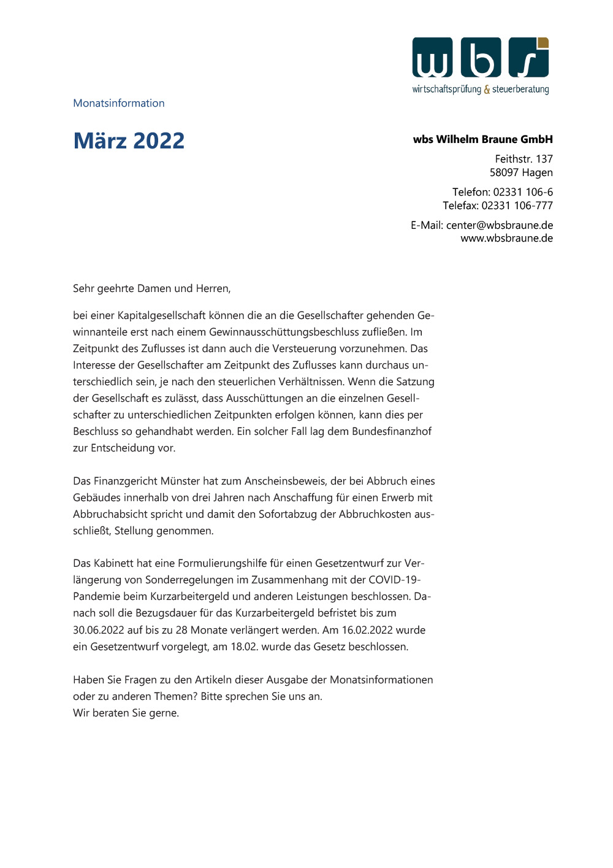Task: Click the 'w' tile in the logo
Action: (433, 58)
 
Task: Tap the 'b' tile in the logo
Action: (481, 58)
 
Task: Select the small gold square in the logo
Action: (543, 42)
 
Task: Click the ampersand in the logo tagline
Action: (487, 90)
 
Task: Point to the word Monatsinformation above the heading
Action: (119, 103)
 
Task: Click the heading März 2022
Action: (129, 140)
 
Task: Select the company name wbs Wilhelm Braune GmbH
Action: (483, 139)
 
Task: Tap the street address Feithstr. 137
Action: (524, 159)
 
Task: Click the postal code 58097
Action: (503, 172)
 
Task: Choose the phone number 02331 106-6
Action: (523, 192)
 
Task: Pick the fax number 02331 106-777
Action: (517, 205)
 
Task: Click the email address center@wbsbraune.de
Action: (500, 225)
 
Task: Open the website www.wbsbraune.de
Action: (507, 238)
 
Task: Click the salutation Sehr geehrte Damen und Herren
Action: (151, 288)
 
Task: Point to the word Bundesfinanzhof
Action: (392, 431)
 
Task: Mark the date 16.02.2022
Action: (367, 630)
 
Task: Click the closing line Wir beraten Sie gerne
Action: (126, 713)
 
